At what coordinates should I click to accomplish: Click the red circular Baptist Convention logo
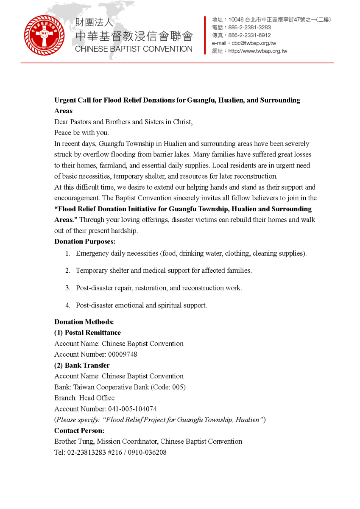pos(45,35)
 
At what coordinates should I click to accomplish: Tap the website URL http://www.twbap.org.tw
pos(258,51)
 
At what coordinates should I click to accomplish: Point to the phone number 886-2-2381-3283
pos(249,28)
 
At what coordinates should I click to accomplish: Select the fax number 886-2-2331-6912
pos(249,35)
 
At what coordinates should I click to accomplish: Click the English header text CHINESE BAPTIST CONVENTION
pos(134,49)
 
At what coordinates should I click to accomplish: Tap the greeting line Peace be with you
pos(81,133)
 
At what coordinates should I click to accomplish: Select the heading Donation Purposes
pos(85,241)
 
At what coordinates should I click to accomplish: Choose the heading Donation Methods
pos(84,322)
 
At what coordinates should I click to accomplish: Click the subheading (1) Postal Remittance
pos(87,333)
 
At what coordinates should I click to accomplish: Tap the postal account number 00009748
pos(123,355)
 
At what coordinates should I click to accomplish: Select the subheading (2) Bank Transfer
pos(82,365)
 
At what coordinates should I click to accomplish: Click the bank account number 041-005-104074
pos(132,409)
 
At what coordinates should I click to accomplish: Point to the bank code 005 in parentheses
pos(178,387)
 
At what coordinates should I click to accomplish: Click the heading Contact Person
pos(79,431)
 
